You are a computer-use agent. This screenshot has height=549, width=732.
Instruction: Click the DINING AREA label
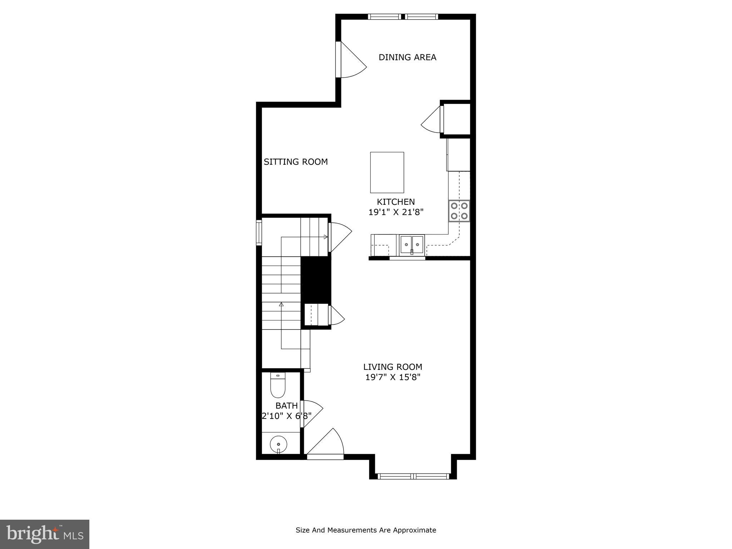[407, 57]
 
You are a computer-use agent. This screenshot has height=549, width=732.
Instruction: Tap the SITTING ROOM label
[296, 162]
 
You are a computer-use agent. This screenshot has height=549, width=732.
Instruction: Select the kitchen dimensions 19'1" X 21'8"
[396, 212]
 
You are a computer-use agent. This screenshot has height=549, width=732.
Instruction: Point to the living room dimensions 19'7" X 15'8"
[392, 377]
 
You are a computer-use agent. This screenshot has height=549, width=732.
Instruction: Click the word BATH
[286, 406]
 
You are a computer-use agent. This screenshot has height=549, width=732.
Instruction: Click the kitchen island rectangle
[387, 172]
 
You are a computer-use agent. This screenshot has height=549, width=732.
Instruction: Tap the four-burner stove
[459, 211]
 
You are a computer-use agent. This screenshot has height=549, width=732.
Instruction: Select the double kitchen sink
[412, 244]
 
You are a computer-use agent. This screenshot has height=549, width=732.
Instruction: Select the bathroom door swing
[312, 413]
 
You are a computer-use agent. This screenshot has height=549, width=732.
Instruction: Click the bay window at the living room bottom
[413, 476]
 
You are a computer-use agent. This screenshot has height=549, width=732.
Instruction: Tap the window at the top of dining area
[403, 16]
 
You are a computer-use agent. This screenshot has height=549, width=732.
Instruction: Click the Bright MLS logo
[45, 534]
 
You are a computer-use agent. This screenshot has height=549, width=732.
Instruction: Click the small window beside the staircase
[259, 233]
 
